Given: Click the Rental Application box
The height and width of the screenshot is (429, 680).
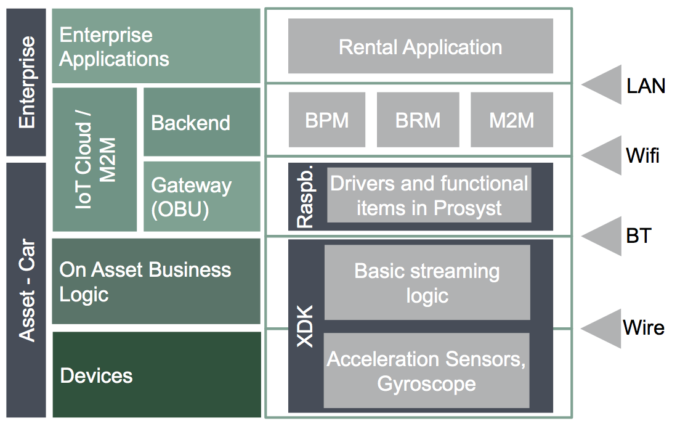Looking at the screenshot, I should coord(420,46).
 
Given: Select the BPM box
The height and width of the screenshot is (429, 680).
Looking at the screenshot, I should coord(327,120).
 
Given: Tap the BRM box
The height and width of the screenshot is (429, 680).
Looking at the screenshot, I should coord(418,120).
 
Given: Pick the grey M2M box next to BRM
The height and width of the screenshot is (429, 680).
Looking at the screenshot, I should coord(511,120).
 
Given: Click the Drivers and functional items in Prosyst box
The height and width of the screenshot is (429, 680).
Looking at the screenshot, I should coord(429,195).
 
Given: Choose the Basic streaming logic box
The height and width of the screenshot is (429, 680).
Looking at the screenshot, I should coord(427,282).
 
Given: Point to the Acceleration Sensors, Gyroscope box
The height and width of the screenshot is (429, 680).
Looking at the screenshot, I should coord(426,370).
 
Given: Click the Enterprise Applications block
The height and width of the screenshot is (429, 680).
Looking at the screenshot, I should coord(156,46).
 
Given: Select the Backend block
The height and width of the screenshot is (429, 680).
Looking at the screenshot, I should coord(202,122).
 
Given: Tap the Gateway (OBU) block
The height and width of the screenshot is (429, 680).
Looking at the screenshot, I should coord(202,197).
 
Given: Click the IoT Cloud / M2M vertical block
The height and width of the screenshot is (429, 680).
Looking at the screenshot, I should coord(95,159).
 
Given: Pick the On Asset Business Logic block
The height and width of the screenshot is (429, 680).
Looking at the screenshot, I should coord(156,281).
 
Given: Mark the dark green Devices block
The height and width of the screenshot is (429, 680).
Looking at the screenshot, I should coord(156,375).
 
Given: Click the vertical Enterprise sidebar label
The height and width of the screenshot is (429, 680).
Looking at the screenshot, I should coord(26,82).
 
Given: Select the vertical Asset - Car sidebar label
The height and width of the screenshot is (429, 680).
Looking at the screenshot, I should coord(26,290).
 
